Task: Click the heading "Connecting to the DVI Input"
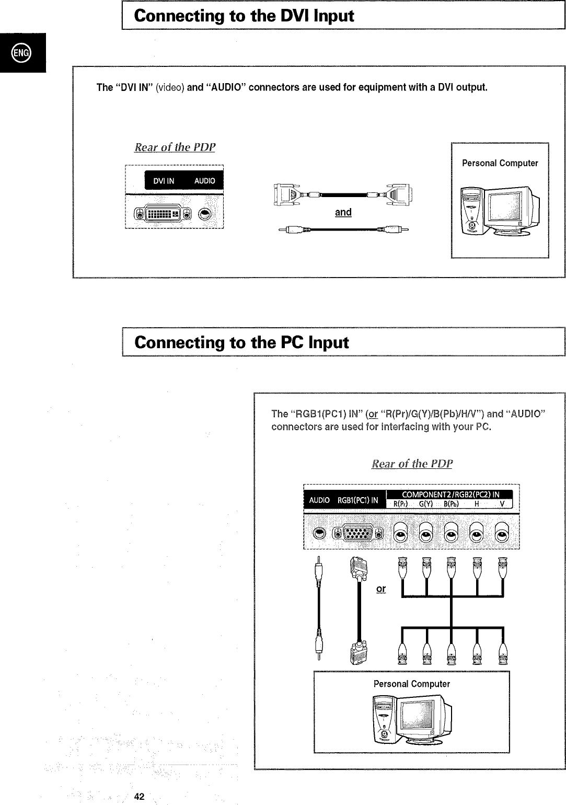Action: click(244, 16)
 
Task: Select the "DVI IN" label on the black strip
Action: click(164, 181)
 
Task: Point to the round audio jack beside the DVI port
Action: click(205, 213)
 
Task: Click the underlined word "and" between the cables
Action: click(343, 212)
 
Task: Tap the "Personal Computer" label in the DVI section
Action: click(500, 163)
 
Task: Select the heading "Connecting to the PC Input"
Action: click(241, 342)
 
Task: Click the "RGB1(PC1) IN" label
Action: click(358, 500)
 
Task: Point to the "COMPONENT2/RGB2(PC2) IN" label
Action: click(450, 494)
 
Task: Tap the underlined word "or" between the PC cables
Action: click(381, 589)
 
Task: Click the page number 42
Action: click(139, 797)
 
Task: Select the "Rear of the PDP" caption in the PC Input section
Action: click(412, 464)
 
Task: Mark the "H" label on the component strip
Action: click(477, 504)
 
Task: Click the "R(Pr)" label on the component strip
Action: click(400, 504)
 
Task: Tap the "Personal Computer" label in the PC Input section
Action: click(411, 684)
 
